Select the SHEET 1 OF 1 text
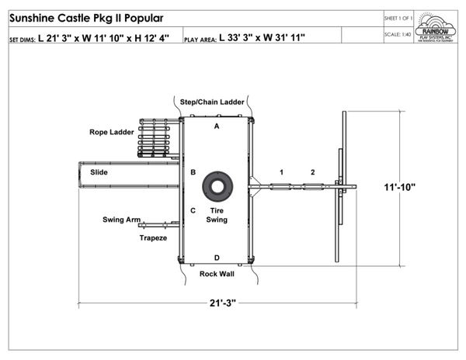click(398, 17)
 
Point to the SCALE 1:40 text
click(398, 34)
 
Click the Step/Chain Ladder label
click(212, 102)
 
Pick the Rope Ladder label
click(109, 132)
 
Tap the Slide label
click(99, 171)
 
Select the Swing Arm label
click(121, 220)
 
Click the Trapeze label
click(153, 237)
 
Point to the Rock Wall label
click(217, 274)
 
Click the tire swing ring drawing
click(217, 187)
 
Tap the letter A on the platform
click(217, 125)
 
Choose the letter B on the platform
click(193, 172)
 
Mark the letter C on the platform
click(193, 210)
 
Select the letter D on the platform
click(217, 257)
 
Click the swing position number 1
click(282, 171)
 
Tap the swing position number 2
click(312, 171)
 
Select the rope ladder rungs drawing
click(153, 138)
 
